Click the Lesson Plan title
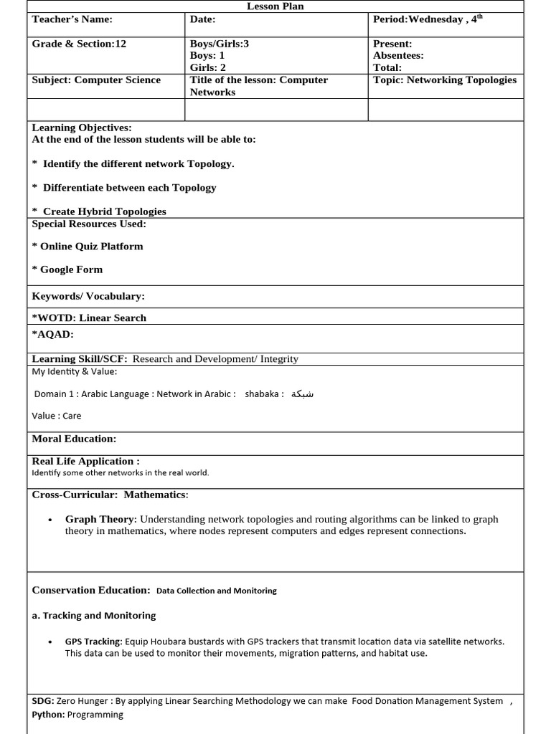coord(275,6)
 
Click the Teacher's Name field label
coord(72,20)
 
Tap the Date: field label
coord(203,20)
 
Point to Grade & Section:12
coord(79,44)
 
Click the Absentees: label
coord(398,55)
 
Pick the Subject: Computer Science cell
coord(96,80)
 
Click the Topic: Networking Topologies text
coord(445,80)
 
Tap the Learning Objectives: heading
coord(82,128)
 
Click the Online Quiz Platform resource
coord(91,246)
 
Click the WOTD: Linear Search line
coord(90,318)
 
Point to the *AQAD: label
coord(53,334)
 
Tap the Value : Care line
coord(57,416)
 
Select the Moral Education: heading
coord(74,439)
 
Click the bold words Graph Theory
coord(100,519)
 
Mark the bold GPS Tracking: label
coord(93,642)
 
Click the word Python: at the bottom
coord(48,715)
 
